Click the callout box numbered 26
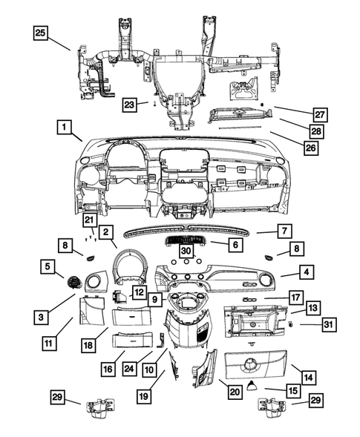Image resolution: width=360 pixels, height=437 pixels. click(310, 148)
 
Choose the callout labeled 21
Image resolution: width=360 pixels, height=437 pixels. click(90, 220)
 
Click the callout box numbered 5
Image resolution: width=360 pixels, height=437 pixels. click(48, 266)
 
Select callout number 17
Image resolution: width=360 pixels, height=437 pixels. click(295, 298)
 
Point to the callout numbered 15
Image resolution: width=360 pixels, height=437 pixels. click(295, 389)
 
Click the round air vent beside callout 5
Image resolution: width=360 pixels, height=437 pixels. click(74, 282)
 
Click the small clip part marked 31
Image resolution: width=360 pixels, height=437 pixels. click(292, 324)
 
